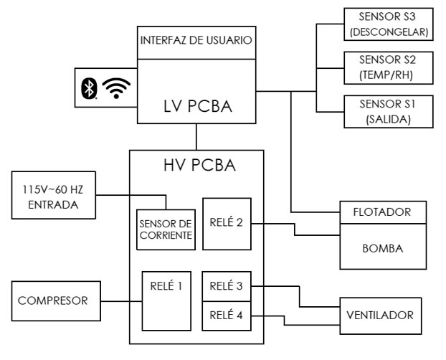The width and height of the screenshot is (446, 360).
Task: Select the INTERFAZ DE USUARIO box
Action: (196, 40)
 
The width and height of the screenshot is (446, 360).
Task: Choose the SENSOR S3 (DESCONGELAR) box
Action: (387, 24)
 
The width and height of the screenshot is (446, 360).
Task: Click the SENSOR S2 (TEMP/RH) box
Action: (387, 68)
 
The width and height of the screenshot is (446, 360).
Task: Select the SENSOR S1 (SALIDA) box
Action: (387, 111)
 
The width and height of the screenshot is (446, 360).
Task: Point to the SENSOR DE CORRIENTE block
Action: (166, 228)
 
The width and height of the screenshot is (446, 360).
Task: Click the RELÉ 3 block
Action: (227, 285)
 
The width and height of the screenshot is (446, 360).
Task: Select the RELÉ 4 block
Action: (227, 313)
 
